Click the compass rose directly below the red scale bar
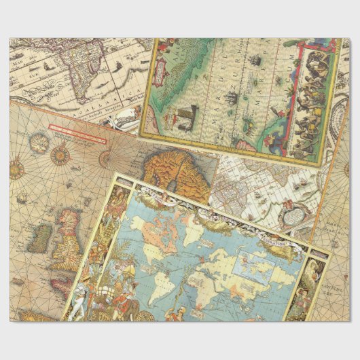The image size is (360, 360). (x=60, y=156)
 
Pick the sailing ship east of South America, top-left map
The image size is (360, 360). (x=122, y=69)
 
